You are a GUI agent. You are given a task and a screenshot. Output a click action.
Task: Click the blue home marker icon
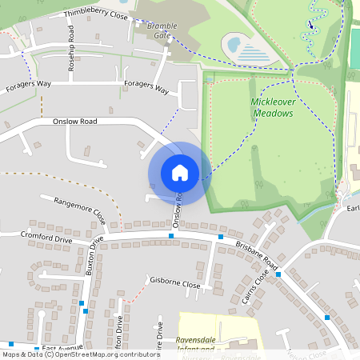pyautogui.click(x=179, y=172)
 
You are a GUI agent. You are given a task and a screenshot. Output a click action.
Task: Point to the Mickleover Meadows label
pyautogui.click(x=261, y=108)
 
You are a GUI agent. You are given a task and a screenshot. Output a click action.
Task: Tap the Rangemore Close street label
pyautogui.click(x=80, y=210)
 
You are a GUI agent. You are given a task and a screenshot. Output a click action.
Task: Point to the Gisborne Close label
pyautogui.click(x=175, y=283)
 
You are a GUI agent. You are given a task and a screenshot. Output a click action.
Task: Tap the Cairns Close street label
pyautogui.click(x=258, y=287)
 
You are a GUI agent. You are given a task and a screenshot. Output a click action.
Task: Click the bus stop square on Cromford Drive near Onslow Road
pyautogui.click(x=171, y=237)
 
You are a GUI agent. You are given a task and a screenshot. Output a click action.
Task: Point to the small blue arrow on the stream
pyautogui.click(x=311, y=25)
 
